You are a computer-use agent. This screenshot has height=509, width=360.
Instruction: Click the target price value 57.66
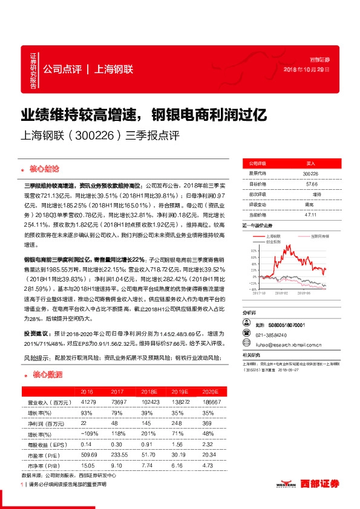[x=310, y=184]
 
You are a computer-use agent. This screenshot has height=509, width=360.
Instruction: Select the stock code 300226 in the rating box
[x=310, y=173]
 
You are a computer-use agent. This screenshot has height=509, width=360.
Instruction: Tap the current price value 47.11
[x=310, y=214]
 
